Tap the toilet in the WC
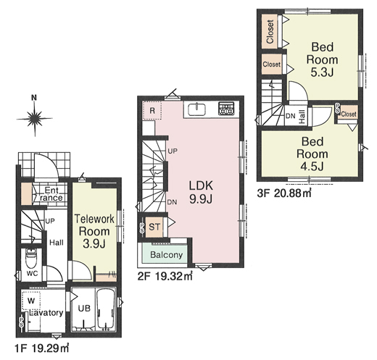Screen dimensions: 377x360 coord(31,259)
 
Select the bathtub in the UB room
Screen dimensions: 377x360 coord(106,309)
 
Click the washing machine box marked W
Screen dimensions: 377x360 coord(31,301)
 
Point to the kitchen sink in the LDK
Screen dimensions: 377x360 coord(197,109)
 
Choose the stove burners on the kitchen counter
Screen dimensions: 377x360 coord(226,109)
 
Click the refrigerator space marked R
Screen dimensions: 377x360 coord(152,111)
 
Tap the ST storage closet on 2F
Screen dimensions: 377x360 coord(154,227)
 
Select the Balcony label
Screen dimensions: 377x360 coord(167,255)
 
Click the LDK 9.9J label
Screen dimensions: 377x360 coord(201,192)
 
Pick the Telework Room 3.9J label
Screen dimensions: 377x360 coord(94,231)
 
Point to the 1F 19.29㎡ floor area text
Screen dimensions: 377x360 coord(42,348)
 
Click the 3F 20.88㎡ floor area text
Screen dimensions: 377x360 coord(284,193)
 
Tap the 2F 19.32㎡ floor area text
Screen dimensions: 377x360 coord(165,276)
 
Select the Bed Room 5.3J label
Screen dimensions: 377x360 coord(322,59)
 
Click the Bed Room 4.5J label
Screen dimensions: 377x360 coord(312,154)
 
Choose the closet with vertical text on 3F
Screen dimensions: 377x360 coord(270,32)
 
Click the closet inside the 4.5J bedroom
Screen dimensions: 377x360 coord(347,114)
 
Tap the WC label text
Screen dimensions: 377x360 coord(32,274)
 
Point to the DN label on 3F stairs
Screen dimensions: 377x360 coord(291,116)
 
